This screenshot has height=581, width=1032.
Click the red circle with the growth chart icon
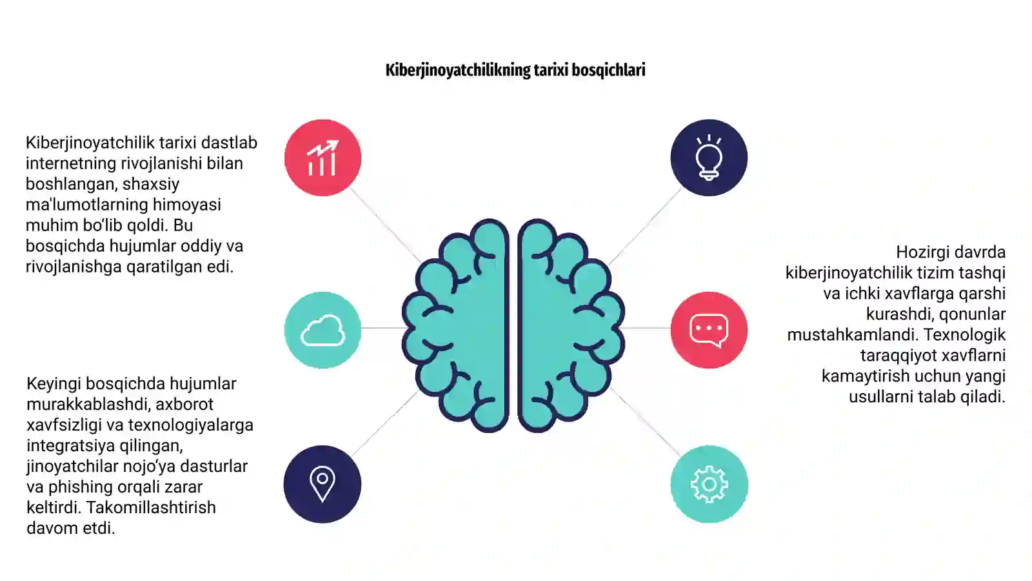point(322,158)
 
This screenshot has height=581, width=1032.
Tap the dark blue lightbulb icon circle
point(709,158)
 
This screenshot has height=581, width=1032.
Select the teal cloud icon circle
point(322,330)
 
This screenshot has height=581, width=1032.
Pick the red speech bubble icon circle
point(709,330)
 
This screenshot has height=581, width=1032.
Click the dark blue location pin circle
point(322,484)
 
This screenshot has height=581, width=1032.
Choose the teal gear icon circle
point(709,484)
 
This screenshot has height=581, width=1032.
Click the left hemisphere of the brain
point(456,325)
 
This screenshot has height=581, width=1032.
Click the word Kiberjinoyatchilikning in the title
point(458,70)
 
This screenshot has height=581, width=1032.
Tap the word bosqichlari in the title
point(609,70)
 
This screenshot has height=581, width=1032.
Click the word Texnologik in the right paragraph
point(964,334)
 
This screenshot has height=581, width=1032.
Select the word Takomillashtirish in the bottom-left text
point(151,507)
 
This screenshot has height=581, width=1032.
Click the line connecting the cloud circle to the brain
point(383,328)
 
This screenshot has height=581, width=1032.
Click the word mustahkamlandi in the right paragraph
point(852,334)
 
